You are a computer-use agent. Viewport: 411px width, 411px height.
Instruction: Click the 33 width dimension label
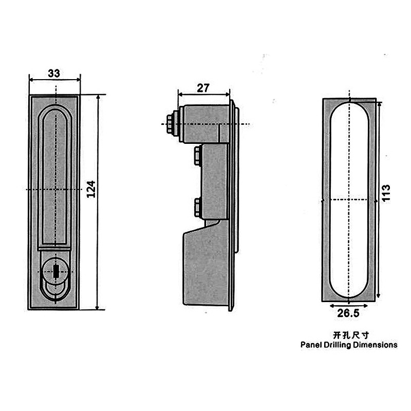point(54,73)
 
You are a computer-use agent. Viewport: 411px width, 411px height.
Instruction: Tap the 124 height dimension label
point(91,189)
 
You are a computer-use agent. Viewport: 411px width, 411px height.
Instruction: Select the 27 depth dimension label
point(203,88)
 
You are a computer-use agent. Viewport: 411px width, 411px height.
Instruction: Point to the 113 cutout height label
point(386,193)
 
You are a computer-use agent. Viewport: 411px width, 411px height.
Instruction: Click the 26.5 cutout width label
point(348,313)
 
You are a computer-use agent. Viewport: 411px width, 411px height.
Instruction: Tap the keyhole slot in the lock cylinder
point(56,271)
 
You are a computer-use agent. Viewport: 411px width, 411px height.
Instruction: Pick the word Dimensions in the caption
point(375,344)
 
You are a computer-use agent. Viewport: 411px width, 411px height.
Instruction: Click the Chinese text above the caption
point(351,335)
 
